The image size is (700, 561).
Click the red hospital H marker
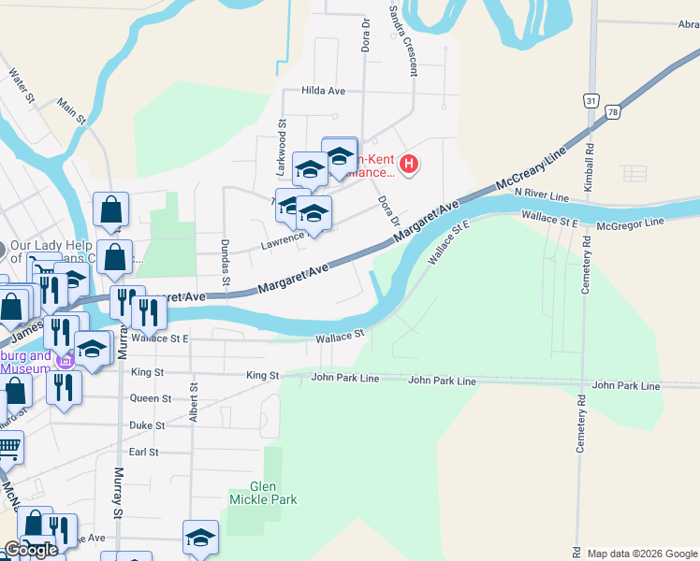tap(409, 165)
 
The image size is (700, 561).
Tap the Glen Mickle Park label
tap(263, 493)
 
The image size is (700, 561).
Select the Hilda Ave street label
tap(324, 91)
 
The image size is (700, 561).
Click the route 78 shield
tap(613, 111)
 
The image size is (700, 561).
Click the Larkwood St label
tap(281, 136)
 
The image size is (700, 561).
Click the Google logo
tap(31, 550)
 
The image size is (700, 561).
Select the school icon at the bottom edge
tap(200, 538)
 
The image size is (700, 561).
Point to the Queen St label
tap(150, 397)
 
